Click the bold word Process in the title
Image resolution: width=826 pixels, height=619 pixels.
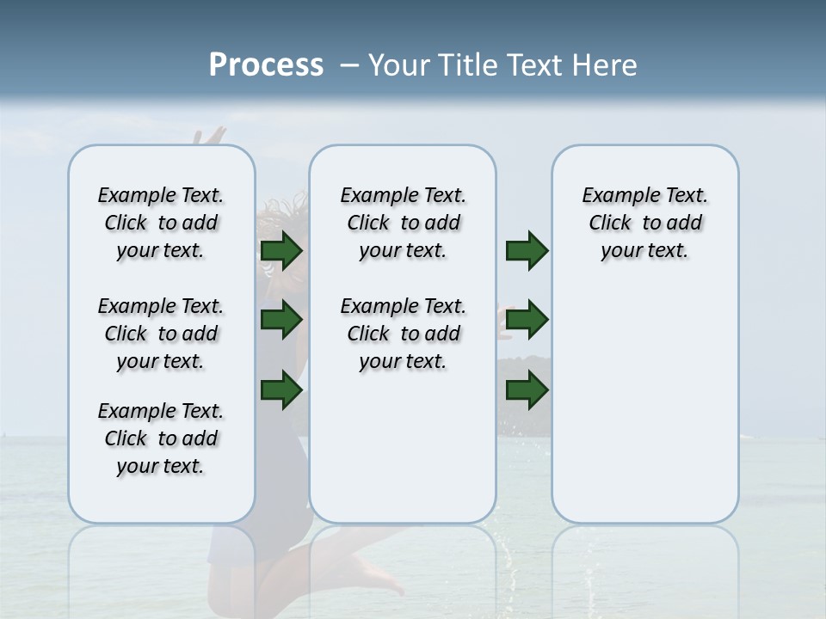266,65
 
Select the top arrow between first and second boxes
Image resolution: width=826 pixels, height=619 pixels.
281,250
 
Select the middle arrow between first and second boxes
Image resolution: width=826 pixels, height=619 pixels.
281,320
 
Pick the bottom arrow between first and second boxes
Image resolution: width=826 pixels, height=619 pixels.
281,390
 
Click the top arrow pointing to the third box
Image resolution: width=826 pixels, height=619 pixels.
527,250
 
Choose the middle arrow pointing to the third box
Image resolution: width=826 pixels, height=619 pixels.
527,320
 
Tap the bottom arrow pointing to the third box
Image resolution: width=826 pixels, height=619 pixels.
527,390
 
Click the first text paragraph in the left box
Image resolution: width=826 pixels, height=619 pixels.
161,223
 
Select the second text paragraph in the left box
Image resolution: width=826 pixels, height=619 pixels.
161,334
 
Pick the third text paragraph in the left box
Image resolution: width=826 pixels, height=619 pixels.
161,438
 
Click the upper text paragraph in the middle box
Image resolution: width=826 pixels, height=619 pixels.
403,223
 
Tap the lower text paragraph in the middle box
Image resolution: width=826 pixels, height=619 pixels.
403,334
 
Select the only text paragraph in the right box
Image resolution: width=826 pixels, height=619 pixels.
644,223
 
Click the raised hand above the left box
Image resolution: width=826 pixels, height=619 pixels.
209,136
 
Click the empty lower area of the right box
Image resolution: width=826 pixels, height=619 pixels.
644,413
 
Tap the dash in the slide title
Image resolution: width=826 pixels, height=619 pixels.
348,65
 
